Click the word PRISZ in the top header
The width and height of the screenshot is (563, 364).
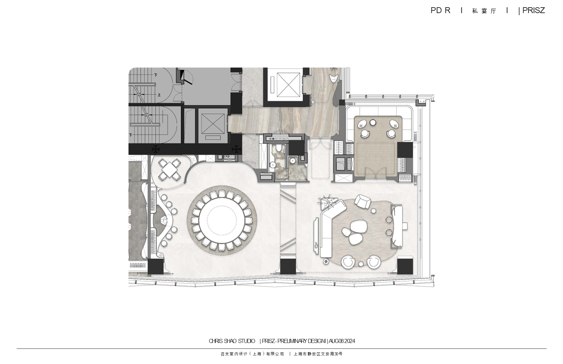coord(534,10)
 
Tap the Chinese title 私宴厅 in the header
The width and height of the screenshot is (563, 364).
coord(484,11)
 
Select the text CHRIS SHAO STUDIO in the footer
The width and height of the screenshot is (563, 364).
coord(232,341)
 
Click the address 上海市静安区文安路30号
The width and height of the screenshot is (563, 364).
coord(318,354)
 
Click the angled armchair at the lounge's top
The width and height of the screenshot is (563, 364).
coord(363,201)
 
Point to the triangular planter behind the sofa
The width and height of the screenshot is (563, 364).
coord(327,203)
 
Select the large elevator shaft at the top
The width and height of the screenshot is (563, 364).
coord(288,84)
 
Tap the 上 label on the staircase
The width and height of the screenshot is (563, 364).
coord(159,95)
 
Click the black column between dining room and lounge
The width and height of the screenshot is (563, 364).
coord(288,266)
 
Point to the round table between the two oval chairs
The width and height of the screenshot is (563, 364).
coord(373,123)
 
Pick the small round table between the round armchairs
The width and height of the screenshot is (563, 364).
coord(361,263)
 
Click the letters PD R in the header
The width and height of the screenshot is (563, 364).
coord(440,10)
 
